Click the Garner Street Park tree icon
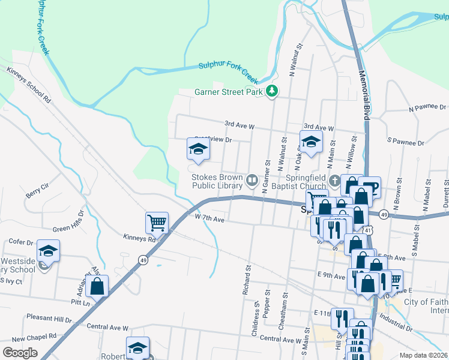(x=273, y=91)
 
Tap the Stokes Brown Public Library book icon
(x=252, y=179)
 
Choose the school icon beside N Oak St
(x=311, y=142)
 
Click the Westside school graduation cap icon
(x=49, y=251)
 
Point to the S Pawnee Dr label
(x=406, y=143)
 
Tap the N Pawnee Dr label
(x=427, y=109)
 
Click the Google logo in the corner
(x=20, y=353)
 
